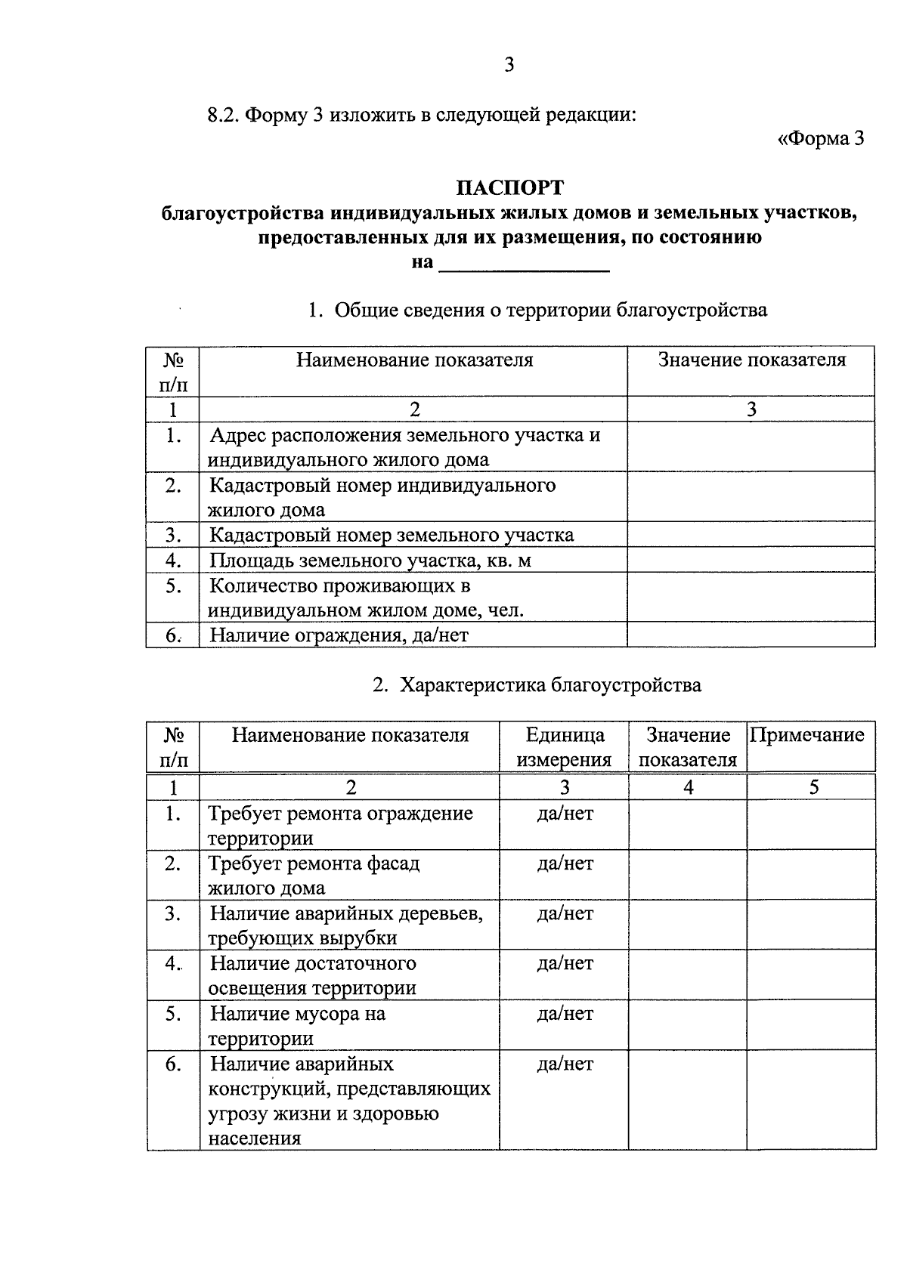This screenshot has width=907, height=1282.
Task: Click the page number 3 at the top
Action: click(509, 65)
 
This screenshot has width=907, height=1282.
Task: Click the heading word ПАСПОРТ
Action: click(509, 187)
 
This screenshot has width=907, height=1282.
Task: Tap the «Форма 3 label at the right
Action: click(820, 139)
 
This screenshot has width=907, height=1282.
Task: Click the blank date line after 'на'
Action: click(524, 264)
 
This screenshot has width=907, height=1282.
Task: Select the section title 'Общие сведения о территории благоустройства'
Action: click(549, 310)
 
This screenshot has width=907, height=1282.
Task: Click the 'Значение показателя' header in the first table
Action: click(751, 360)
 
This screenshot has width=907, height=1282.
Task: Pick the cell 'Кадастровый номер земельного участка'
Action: click(391, 536)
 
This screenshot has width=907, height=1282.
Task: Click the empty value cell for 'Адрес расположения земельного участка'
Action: click(751, 447)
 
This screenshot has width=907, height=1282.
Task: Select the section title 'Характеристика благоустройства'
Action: click(549, 685)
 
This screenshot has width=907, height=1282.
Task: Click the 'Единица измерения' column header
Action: click(564, 747)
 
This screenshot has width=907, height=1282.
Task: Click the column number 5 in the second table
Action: click(813, 787)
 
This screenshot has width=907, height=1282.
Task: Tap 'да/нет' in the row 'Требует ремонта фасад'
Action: click(565, 863)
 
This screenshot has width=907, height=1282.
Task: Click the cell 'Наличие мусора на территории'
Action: click(297, 1026)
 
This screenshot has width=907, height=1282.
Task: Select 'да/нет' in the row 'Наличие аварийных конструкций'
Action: click(565, 1064)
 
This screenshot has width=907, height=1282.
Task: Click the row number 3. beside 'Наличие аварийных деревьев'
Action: click(173, 913)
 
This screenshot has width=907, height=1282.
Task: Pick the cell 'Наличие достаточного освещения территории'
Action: click(312, 975)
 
